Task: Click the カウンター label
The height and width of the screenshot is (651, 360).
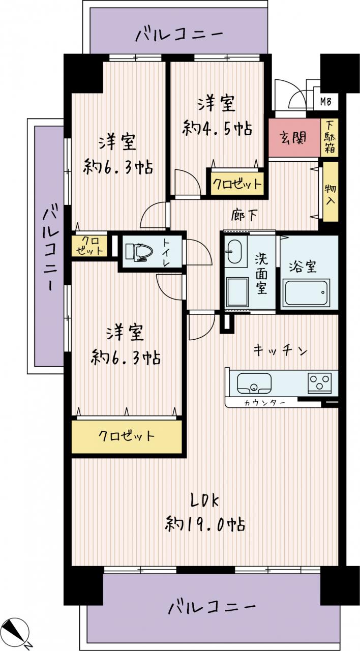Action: click(264, 403)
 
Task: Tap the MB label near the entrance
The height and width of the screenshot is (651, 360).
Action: click(326, 101)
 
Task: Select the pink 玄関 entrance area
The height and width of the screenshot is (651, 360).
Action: click(294, 137)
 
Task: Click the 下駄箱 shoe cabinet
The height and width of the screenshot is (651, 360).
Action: click(329, 137)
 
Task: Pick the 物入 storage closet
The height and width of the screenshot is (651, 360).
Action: click(331, 192)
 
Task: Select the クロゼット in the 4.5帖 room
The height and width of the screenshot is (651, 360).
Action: click(237, 184)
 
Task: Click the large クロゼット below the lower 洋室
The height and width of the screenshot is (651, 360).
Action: click(127, 436)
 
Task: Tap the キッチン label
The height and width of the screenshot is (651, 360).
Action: click(280, 350)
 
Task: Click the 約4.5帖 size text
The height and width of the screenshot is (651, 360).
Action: click(217, 128)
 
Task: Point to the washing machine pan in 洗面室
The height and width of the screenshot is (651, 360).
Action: click(237, 292)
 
